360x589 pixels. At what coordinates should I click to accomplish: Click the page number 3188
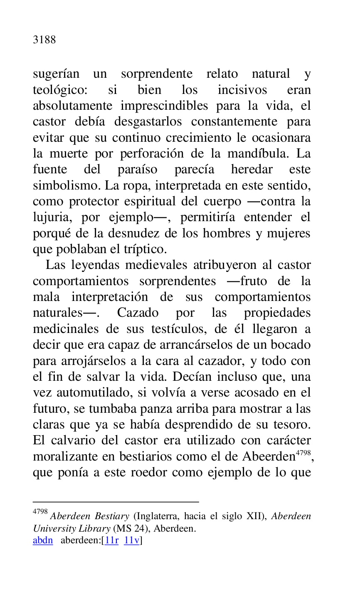click(x=44, y=40)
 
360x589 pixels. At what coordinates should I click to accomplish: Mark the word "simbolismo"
click(x=66, y=185)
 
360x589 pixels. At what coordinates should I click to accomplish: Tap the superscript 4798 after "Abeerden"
click(x=303, y=452)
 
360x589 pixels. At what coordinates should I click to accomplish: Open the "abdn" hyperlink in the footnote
click(x=43, y=540)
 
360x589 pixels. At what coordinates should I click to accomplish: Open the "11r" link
click(x=112, y=540)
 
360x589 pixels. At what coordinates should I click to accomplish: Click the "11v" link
click(x=131, y=540)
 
